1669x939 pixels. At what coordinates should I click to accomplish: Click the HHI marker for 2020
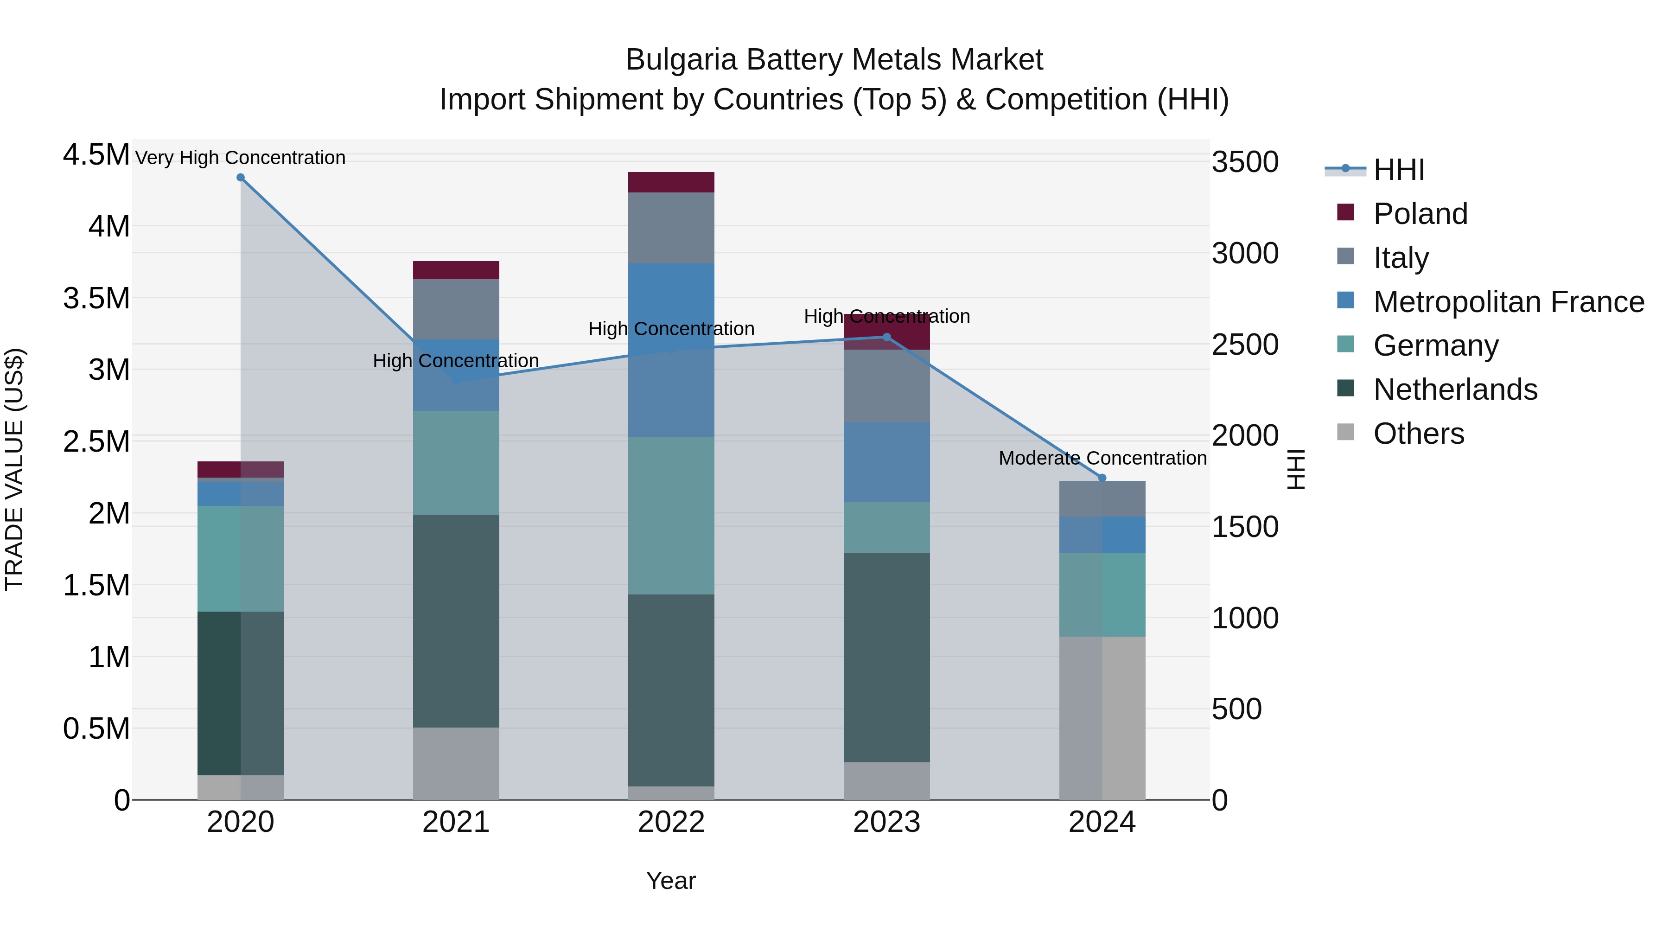coord(240,178)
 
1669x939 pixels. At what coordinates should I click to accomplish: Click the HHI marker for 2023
coord(887,337)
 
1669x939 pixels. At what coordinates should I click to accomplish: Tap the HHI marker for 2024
coord(1102,478)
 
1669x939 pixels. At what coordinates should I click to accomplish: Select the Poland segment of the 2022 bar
coord(671,182)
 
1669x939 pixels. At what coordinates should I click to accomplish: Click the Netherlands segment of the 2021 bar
coord(456,621)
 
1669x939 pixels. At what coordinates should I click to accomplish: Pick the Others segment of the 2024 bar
coord(1102,717)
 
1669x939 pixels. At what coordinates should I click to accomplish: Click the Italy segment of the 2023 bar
coord(887,386)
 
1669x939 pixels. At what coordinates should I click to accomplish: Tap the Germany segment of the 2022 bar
coord(671,515)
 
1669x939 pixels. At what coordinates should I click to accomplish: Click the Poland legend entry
coord(1420,214)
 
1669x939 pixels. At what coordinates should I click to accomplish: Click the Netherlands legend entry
coord(1454,390)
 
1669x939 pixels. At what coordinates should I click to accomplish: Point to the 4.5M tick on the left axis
coord(96,155)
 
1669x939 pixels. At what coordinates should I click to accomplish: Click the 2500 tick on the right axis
coord(1245,345)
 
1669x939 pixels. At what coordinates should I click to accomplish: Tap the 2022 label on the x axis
coord(671,822)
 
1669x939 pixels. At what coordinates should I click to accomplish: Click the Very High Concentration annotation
coord(240,158)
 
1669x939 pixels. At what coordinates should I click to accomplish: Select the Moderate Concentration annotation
coord(1102,458)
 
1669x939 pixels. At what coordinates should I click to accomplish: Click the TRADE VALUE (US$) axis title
coord(14,469)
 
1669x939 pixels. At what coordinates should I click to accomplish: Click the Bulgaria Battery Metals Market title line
coord(834,60)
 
